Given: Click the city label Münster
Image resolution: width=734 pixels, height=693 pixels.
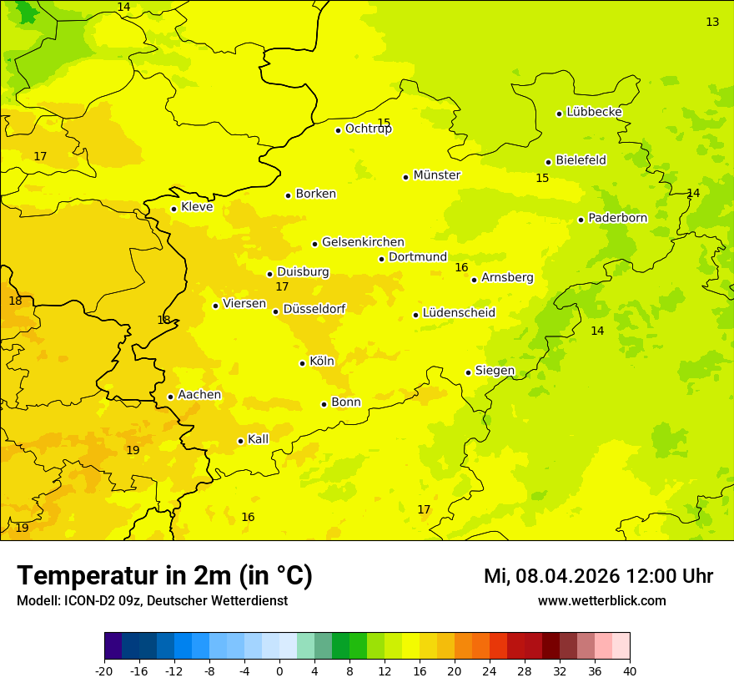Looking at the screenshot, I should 436,175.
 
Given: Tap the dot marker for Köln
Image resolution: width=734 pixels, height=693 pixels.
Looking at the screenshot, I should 302,363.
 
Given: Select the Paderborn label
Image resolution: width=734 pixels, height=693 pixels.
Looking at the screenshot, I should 617,218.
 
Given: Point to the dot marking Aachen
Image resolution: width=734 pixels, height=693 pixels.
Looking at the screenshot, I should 170,397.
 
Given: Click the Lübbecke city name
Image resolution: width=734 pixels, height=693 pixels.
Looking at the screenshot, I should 594,112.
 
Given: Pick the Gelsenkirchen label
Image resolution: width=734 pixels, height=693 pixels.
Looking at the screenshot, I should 363,242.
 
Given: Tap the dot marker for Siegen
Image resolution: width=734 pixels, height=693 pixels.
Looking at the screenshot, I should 468,372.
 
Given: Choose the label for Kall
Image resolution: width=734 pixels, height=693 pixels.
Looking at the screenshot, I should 258,439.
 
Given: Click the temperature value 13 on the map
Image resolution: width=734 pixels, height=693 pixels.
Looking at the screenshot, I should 712,23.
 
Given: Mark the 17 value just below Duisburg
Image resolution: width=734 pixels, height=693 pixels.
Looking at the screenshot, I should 282,287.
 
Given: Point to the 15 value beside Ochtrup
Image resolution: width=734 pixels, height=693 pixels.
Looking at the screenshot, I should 384,123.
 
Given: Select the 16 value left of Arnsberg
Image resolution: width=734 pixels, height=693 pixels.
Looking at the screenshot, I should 461,268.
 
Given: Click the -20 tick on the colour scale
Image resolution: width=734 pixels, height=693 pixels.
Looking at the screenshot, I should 104,671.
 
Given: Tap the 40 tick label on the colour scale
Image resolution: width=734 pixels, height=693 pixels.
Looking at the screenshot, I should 630,671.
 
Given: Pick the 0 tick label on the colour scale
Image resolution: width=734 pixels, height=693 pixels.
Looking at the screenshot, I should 279,671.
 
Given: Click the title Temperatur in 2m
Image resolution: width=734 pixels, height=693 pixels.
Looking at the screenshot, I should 164,576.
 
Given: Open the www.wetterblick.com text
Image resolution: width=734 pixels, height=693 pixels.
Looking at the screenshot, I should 601,601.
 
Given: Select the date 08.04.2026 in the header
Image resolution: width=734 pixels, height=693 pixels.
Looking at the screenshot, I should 567,576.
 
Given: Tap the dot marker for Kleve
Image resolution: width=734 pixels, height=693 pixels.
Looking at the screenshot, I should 173,209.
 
